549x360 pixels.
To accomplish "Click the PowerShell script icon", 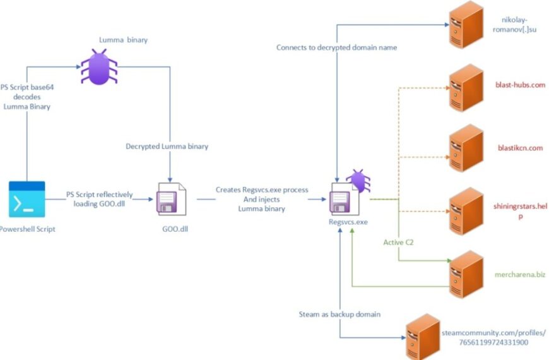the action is pos(27,199).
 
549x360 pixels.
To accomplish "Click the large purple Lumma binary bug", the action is pos(99,67).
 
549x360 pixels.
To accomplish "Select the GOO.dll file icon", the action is pos(171,199).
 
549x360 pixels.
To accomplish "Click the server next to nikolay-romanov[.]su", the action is pos(466,25).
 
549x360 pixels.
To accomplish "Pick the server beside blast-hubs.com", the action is pos(466,88).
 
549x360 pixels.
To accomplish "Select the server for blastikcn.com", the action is pos(466,148).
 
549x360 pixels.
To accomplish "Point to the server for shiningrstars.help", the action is pos(466,211).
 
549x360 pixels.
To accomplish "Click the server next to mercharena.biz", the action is pos(466,274).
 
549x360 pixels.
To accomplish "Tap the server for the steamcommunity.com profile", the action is pos(423,337).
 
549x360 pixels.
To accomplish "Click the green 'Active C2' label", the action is pos(398,243).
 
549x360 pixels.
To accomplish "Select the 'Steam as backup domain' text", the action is pos(339,314).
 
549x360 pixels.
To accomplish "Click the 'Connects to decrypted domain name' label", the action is pos(336,47).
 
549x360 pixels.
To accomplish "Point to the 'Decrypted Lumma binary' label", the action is pos(167,146).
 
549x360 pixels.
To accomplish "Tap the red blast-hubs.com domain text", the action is pos(521,85).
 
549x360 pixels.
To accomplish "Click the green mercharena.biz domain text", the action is pos(520,275).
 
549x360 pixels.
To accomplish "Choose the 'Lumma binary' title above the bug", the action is pos(123,40).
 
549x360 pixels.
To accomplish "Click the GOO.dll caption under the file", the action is pos(175,229).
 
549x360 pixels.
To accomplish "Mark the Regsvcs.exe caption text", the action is pos(348,222).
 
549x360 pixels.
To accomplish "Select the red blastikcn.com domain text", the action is pos(521,148).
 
